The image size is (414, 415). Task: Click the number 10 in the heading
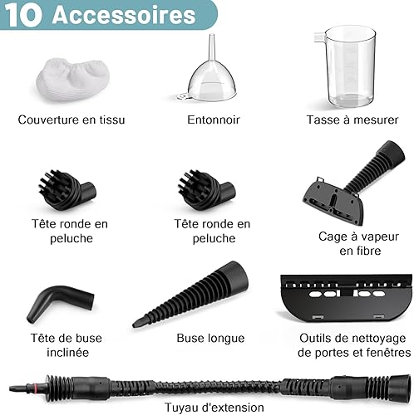pos(24,15)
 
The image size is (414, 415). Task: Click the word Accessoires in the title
pos(124,15)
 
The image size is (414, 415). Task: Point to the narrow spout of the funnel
pos(212,47)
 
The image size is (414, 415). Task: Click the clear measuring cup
pos(347,66)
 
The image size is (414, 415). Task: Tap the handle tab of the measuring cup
pos(319,37)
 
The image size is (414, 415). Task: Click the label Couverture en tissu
pos(71,120)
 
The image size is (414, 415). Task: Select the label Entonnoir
pos(214,120)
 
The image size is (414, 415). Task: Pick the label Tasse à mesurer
pos(352,120)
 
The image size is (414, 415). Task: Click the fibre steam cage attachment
pos(353,183)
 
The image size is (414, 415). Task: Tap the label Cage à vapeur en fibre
pos(359,243)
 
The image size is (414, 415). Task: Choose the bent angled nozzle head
pos(60,302)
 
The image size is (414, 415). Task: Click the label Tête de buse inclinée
pos(67,345)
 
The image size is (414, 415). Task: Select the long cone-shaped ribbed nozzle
pos(191,294)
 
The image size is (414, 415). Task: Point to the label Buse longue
pos(210,338)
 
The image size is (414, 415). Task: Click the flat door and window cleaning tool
pos(346,298)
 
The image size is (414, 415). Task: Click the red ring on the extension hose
pos(36,387)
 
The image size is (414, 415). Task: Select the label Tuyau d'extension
pos(214,408)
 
